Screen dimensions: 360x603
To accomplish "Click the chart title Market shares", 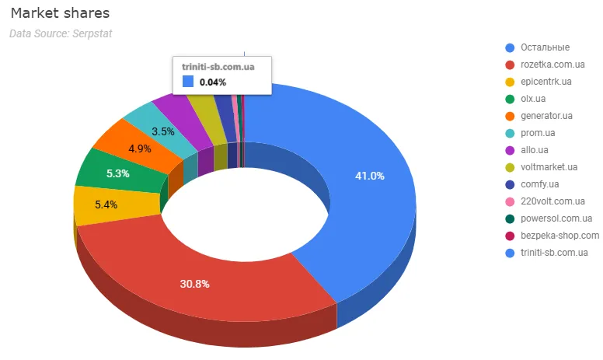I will [60, 14].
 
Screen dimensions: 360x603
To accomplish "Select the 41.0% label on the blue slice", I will [370, 176].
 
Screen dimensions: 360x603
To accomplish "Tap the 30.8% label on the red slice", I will [194, 284].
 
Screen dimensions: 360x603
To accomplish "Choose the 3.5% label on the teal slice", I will [162, 131].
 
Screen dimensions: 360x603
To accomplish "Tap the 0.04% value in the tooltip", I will [213, 82].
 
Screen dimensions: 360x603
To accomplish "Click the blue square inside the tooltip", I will [189, 82].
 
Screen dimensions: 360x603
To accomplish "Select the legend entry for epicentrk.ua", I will [546, 82].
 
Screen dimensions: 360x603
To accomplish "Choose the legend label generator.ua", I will [547, 116].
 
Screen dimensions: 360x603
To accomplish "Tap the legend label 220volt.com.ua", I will [552, 201].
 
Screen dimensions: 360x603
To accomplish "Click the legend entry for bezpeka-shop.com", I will [559, 236].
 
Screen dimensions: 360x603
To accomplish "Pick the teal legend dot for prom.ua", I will [510, 133].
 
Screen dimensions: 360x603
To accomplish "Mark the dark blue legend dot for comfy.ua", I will [510, 184].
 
